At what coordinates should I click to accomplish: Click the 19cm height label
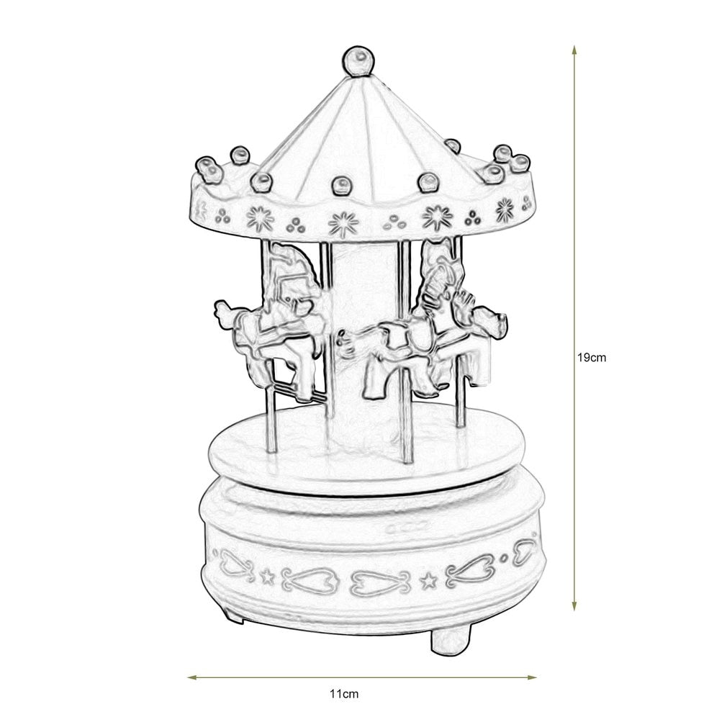coord(591,358)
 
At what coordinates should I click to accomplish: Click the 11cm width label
coord(344,694)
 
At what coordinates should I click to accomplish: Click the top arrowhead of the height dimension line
coord(574,50)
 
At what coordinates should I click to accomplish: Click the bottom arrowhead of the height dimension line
coord(574,605)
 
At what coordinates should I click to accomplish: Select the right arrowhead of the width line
coord(531,677)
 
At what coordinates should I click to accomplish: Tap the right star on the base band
coord(428,579)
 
